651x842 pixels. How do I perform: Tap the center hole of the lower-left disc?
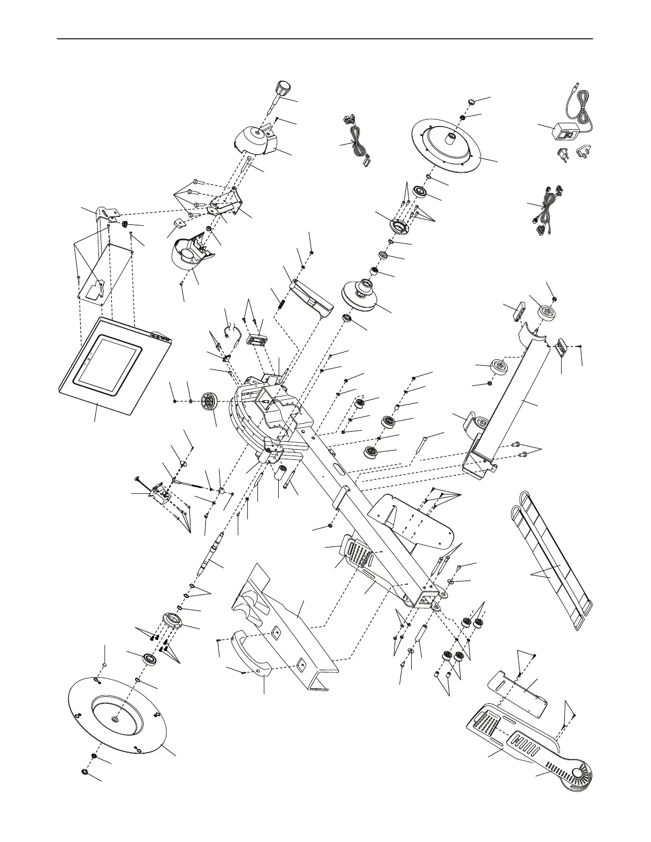(115, 719)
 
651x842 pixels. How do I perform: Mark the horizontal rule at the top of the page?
(325, 39)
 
